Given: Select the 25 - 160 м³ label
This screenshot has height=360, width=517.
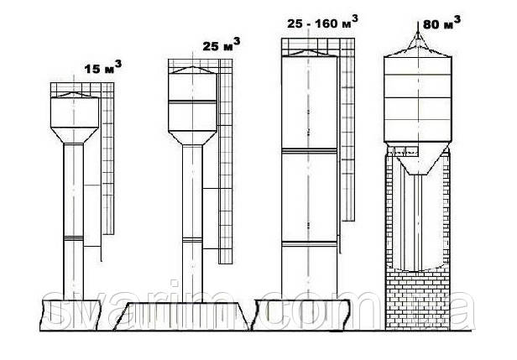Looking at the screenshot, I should [x=318, y=23].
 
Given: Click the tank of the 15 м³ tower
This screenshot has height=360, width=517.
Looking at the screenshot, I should [x=75, y=114].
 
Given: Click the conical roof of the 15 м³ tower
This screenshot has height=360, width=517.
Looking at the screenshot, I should [x=75, y=96].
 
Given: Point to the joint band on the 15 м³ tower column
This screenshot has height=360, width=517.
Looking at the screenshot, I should [x=75, y=240].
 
